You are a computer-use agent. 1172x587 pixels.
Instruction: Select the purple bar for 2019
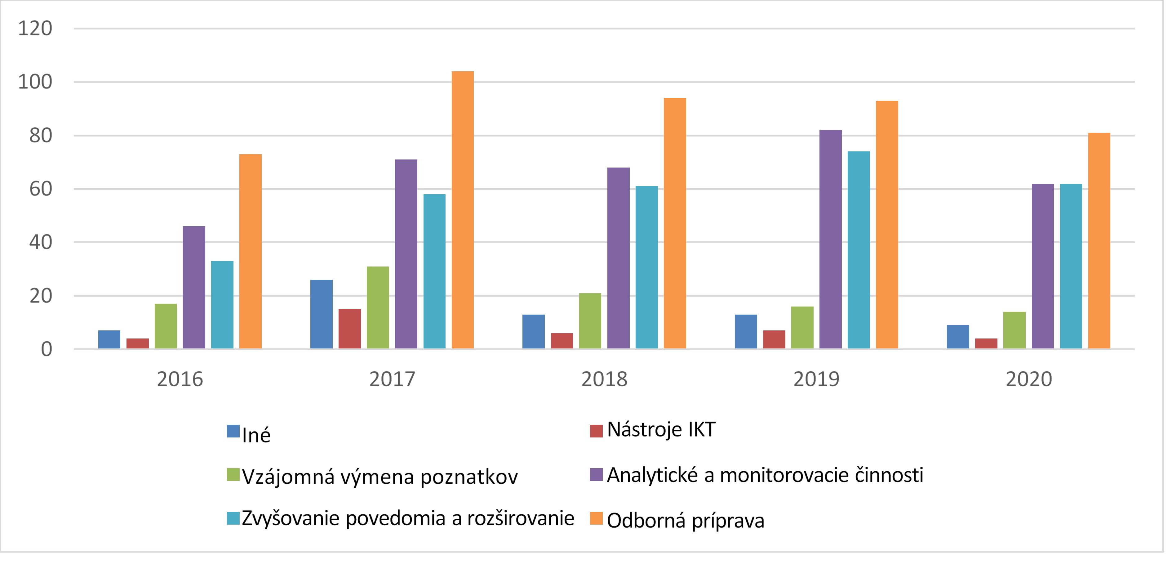coord(830,240)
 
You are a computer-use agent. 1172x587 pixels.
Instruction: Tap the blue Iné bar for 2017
coord(321,314)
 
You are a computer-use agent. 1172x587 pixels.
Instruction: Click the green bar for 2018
coord(590,321)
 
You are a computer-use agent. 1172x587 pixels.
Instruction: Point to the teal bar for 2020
coord(1071,267)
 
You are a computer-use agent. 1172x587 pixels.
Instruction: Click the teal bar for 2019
coord(859,250)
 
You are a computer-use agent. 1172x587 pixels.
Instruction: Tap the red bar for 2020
coord(986,344)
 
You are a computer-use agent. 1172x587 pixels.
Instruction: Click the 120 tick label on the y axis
coord(35,29)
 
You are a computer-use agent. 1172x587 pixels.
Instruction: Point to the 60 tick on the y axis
coord(41,189)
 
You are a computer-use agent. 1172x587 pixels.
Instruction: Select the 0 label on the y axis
coord(47,349)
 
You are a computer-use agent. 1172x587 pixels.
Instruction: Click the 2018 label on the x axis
coord(604,379)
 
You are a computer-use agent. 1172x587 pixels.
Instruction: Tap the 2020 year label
coord(1029,379)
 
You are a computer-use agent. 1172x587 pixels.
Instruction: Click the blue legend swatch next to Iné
coord(233,431)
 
